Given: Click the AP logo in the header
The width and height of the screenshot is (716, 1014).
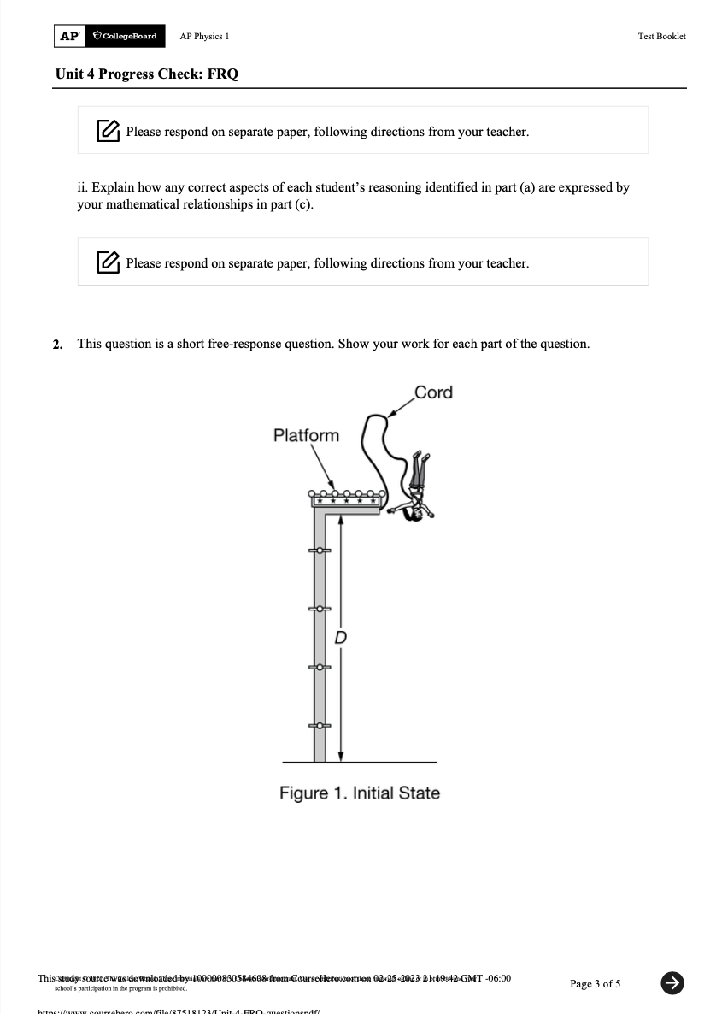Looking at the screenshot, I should (68, 36).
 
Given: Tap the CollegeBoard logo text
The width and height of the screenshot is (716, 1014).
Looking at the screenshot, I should (125, 36).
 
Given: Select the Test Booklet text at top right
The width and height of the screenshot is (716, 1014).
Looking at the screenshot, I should (661, 37).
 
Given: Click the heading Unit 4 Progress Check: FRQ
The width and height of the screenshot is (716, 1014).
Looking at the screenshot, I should (147, 74).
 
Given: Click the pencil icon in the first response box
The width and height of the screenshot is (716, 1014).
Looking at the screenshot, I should (108, 131).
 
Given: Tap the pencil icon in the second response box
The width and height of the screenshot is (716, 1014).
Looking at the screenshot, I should (108, 262).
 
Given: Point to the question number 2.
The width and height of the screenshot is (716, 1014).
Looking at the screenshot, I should (57, 345).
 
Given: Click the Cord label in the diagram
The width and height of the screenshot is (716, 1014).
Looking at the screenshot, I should (433, 392).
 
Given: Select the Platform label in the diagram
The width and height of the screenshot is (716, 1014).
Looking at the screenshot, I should (306, 435).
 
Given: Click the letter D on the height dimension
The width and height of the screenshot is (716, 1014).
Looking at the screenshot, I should (340, 637).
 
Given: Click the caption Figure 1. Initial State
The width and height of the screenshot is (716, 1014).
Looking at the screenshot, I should (360, 793).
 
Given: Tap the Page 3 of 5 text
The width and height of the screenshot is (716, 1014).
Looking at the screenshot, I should (595, 983).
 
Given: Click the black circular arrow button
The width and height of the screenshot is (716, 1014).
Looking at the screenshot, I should (672, 983).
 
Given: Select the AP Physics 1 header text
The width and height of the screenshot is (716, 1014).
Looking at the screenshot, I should (204, 37).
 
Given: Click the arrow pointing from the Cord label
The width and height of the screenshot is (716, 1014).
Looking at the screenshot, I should (397, 410).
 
